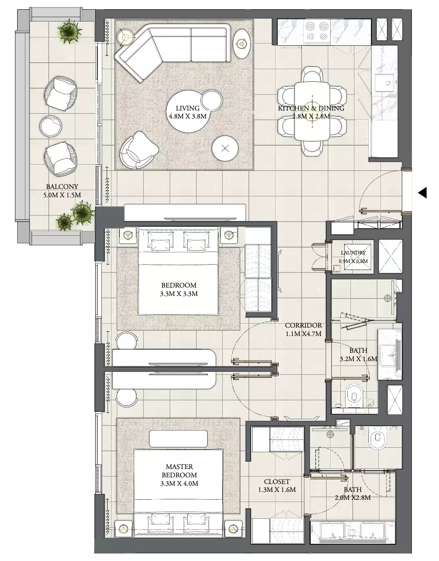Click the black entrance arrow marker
(x=422, y=192)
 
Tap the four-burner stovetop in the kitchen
(x=317, y=32)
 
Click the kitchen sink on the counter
(x=385, y=83)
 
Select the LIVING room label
(x=188, y=108)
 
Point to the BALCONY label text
(x=62, y=186)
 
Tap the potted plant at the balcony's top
(x=68, y=31)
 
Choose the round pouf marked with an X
(x=225, y=148)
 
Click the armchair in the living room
(x=139, y=150)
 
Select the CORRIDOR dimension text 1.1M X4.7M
(x=304, y=333)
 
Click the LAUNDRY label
(x=353, y=253)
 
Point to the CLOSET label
(x=277, y=481)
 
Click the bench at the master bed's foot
(x=178, y=439)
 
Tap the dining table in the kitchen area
(x=312, y=111)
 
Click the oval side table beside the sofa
(x=242, y=44)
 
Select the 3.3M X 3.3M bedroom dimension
(x=179, y=294)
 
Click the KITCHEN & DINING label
(x=311, y=108)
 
